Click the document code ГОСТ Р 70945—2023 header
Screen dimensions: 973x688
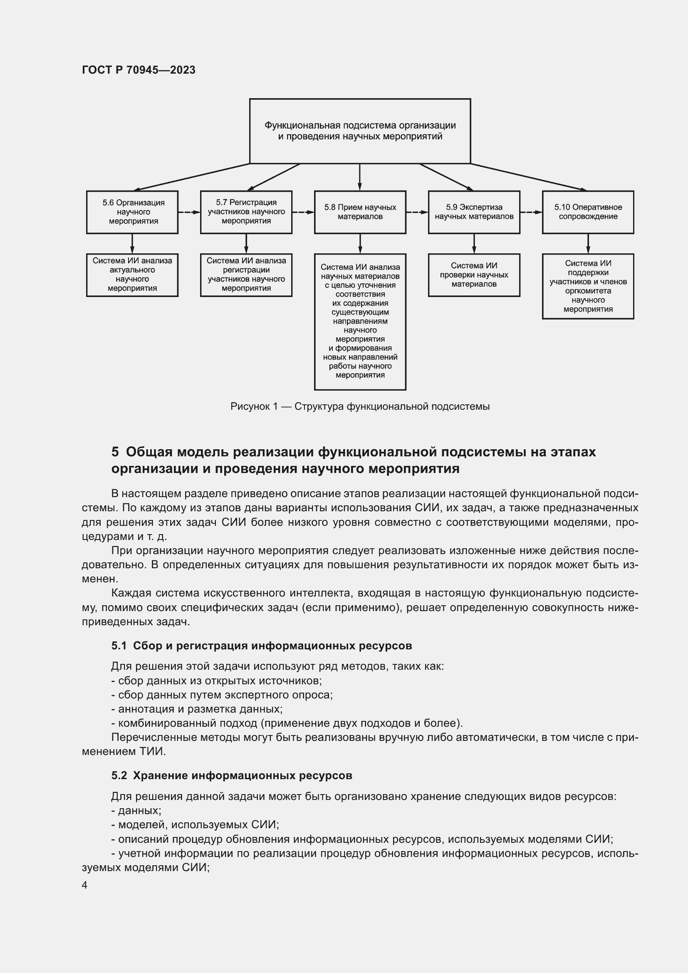pos(139,70)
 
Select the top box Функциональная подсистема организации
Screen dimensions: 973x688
pos(360,131)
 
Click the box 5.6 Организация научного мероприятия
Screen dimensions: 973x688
pos(132,212)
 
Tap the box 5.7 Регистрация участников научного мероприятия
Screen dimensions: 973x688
pos(246,212)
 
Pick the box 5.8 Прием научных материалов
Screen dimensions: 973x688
pos(360,212)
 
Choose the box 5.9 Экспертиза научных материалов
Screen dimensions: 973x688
pos(474,212)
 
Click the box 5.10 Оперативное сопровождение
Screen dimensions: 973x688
pos(588,212)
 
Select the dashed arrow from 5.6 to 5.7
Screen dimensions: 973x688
pos(189,212)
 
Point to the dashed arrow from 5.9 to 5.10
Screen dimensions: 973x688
pos(531,212)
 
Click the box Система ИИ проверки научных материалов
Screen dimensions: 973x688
pos(474,275)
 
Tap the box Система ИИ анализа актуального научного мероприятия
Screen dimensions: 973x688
pos(132,275)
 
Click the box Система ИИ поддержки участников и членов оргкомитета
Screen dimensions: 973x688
pos(588,286)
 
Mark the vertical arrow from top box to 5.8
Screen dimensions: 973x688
pos(360,177)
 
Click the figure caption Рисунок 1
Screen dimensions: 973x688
pos(360,406)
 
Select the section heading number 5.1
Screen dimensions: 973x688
pos(119,646)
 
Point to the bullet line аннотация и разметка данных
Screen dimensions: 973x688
pos(197,708)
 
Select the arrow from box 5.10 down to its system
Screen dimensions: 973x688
pos(588,244)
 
